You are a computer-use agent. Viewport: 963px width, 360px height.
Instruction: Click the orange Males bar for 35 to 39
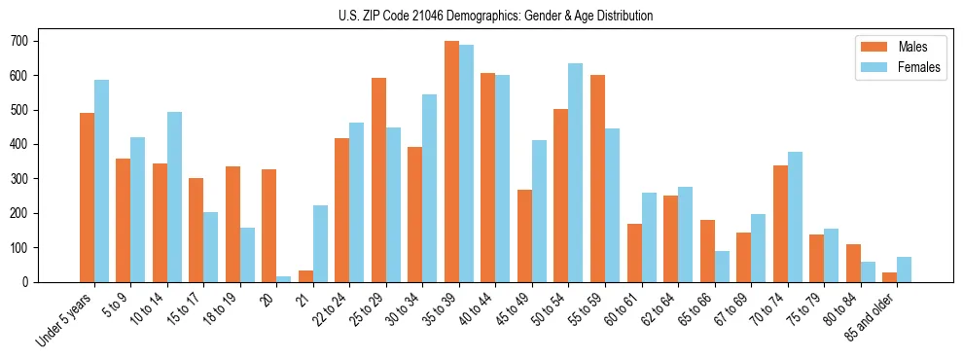tap(451, 162)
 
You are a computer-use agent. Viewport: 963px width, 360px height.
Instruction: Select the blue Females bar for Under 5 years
tap(101, 181)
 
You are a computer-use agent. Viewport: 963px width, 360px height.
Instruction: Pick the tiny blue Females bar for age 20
tap(284, 279)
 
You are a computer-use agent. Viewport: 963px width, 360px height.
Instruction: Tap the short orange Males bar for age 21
tap(305, 276)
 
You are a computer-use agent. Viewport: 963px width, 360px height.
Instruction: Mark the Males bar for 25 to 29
tap(378, 180)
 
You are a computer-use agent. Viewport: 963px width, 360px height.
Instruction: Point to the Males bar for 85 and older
tap(889, 277)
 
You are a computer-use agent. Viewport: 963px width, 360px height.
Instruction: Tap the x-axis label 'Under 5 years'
tap(66, 319)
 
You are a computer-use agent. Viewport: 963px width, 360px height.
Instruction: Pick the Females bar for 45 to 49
tap(539, 211)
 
